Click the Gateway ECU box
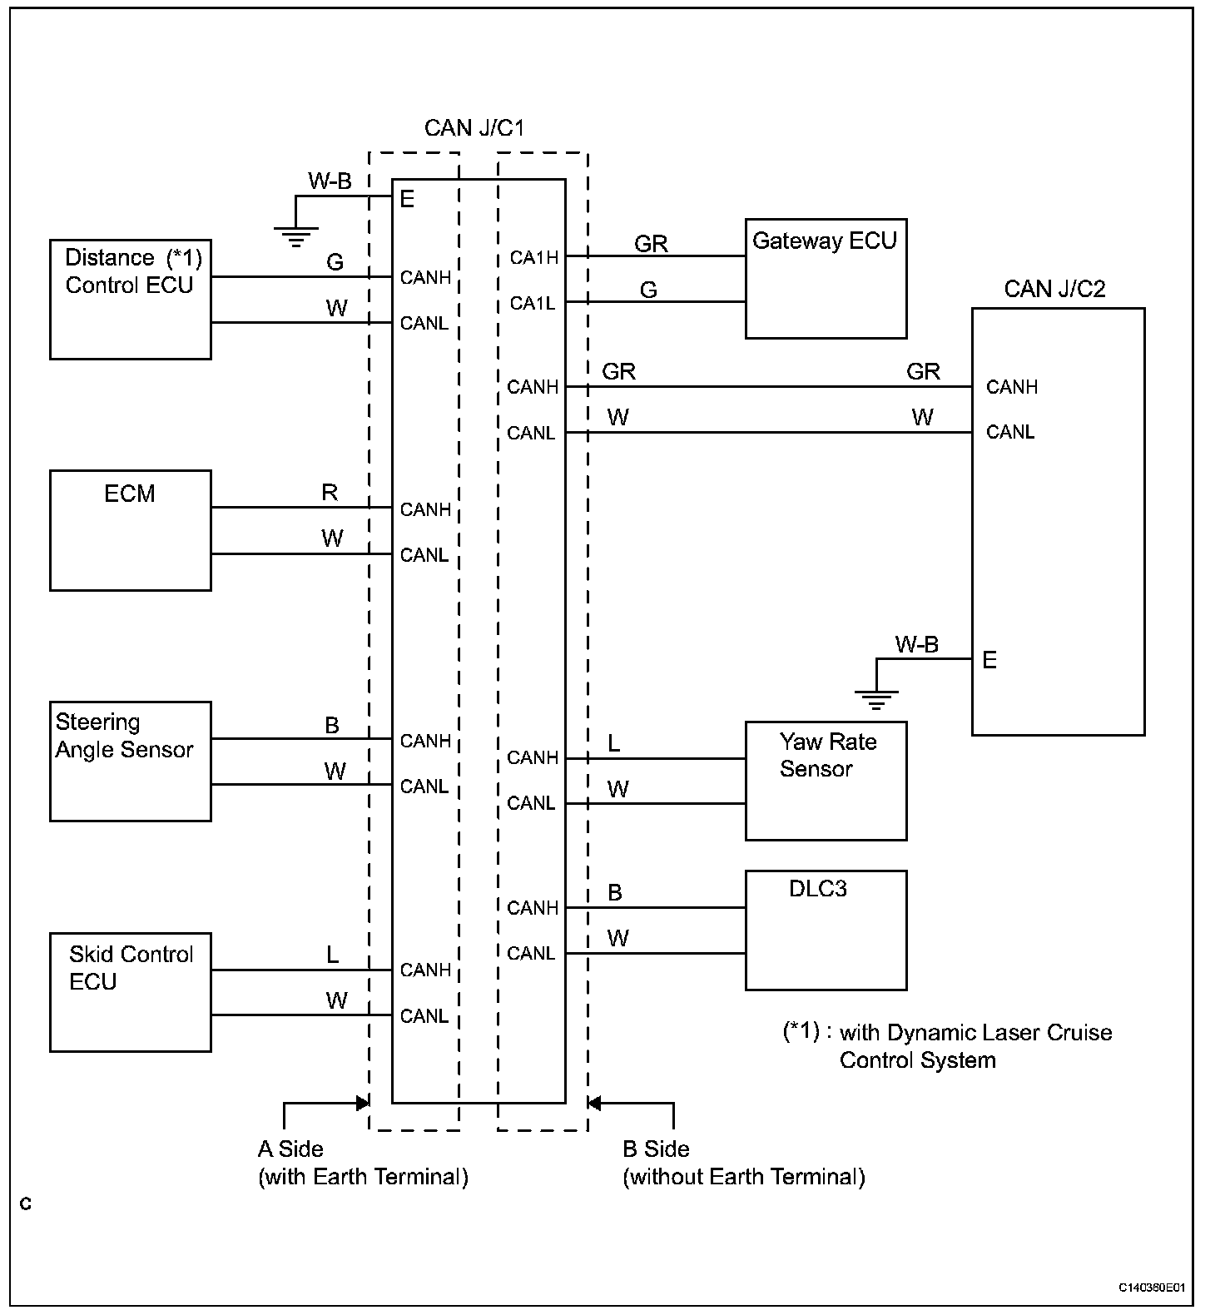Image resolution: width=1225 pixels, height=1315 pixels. (x=826, y=279)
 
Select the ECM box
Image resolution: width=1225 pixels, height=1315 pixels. (x=131, y=530)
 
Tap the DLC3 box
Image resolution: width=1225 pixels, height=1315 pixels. (x=826, y=930)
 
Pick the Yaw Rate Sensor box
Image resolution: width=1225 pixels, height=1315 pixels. (x=826, y=781)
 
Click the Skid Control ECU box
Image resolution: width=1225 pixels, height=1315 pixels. (x=131, y=992)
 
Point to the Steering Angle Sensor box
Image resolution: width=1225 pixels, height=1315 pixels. (x=131, y=762)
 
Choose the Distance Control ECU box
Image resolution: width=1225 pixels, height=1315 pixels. (x=131, y=300)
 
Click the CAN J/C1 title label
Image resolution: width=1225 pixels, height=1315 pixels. (x=474, y=128)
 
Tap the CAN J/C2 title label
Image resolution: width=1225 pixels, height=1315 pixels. (x=1054, y=289)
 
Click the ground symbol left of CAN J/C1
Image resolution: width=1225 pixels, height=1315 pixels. (x=295, y=236)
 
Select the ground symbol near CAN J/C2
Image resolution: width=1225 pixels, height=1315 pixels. (x=875, y=699)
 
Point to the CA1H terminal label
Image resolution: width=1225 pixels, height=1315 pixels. (x=534, y=258)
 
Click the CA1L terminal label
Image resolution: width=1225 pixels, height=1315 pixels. (x=533, y=304)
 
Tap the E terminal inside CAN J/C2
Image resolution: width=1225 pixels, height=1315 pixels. (x=989, y=660)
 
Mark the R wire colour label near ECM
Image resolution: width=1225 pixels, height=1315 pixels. (x=330, y=493)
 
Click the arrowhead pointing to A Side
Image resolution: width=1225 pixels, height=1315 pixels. (x=363, y=1104)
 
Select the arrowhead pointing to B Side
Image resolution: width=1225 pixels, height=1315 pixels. (x=593, y=1104)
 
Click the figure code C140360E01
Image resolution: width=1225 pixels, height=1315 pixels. (x=1151, y=1288)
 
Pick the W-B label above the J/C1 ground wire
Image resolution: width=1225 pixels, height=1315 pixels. (x=330, y=181)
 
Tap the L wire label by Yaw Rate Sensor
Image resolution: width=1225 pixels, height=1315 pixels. (x=614, y=743)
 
